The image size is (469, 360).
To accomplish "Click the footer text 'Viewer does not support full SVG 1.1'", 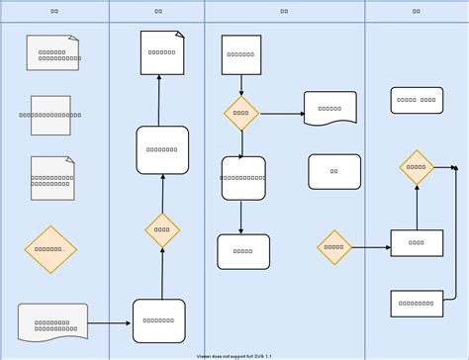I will pyautogui.click(x=234, y=355).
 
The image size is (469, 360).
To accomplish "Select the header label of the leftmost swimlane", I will pyautogui.click(x=54, y=11).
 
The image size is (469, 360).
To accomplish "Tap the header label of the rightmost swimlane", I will pyautogui.click(x=417, y=11).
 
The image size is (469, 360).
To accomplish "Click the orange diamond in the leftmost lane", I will pyautogui.click(x=50, y=249).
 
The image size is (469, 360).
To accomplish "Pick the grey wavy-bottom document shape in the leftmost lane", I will pyautogui.click(x=52, y=323).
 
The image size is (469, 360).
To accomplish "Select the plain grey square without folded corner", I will pyautogui.click(x=50, y=115).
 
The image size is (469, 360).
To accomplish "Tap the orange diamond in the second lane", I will pyautogui.click(x=162, y=230).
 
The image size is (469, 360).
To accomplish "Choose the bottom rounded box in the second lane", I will pyautogui.click(x=159, y=320).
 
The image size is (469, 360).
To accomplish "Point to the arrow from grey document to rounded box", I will pyautogui.click(x=110, y=323).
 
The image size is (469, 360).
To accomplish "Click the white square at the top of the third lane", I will pyautogui.click(x=241, y=55).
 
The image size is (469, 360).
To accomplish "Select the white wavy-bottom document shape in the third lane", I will pyautogui.click(x=330, y=108).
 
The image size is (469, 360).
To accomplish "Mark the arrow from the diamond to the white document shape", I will pyautogui.click(x=281, y=114).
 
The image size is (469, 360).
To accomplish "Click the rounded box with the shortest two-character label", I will pyautogui.click(x=334, y=171).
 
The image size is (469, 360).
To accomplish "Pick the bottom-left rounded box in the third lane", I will pyautogui.click(x=243, y=251).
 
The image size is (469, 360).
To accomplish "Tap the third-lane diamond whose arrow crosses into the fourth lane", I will pyautogui.click(x=334, y=247).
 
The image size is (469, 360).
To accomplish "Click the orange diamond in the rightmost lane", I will pyautogui.click(x=417, y=167).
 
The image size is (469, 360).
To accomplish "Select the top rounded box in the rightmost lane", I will pyautogui.click(x=417, y=100).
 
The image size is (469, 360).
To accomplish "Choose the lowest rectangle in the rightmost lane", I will pyautogui.click(x=417, y=303).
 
